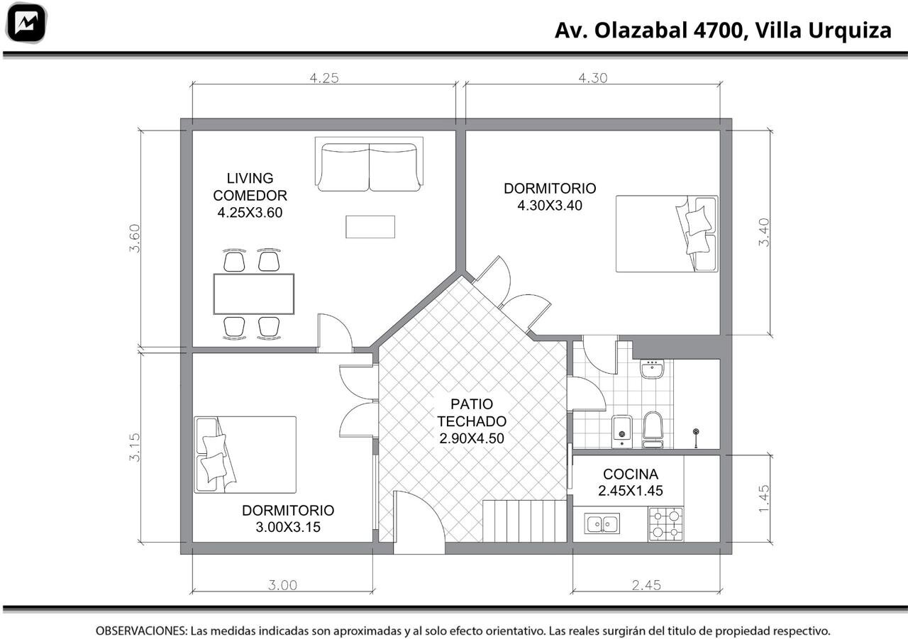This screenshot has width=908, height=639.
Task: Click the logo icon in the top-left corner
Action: pos(26,23)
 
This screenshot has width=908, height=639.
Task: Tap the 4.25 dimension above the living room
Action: pos(324,78)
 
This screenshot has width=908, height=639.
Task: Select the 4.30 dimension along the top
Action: pos(592,78)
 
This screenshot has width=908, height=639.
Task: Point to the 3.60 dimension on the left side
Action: pos(135,238)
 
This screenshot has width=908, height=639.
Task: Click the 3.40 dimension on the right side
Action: pos(764,232)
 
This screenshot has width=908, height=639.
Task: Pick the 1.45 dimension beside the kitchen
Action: pos(763,499)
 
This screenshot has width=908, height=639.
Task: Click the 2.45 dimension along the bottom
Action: pos(646,585)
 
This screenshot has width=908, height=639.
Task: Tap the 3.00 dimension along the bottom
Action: pos(282,585)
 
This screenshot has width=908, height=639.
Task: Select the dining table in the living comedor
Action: pos(254,294)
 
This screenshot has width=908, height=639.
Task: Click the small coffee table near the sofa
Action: pos(370,227)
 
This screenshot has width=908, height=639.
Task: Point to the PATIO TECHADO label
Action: pos(472,421)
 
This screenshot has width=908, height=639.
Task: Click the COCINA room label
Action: pos(631,474)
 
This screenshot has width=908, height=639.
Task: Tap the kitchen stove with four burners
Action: pos(666,523)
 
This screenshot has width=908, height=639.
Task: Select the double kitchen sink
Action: pos(602,523)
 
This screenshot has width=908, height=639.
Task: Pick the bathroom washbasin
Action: pos(652,368)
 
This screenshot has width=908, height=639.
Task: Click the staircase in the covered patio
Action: pos(524,521)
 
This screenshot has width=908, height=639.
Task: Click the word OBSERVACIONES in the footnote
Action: pos(141,630)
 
